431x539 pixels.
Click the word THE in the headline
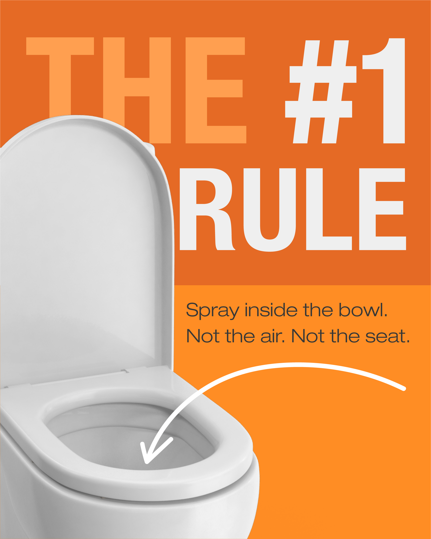(x=136, y=90)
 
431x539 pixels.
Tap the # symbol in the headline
(x=321, y=92)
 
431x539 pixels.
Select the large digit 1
(x=384, y=91)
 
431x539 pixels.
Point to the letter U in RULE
(x=270, y=210)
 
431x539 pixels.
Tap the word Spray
(x=213, y=311)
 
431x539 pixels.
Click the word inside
(x=271, y=310)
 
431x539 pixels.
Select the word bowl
(x=363, y=310)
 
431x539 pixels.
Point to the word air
(x=272, y=336)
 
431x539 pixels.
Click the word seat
(x=388, y=337)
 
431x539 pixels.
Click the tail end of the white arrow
(x=404, y=389)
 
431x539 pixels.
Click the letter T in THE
(x=60, y=90)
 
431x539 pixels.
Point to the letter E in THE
(x=216, y=90)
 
